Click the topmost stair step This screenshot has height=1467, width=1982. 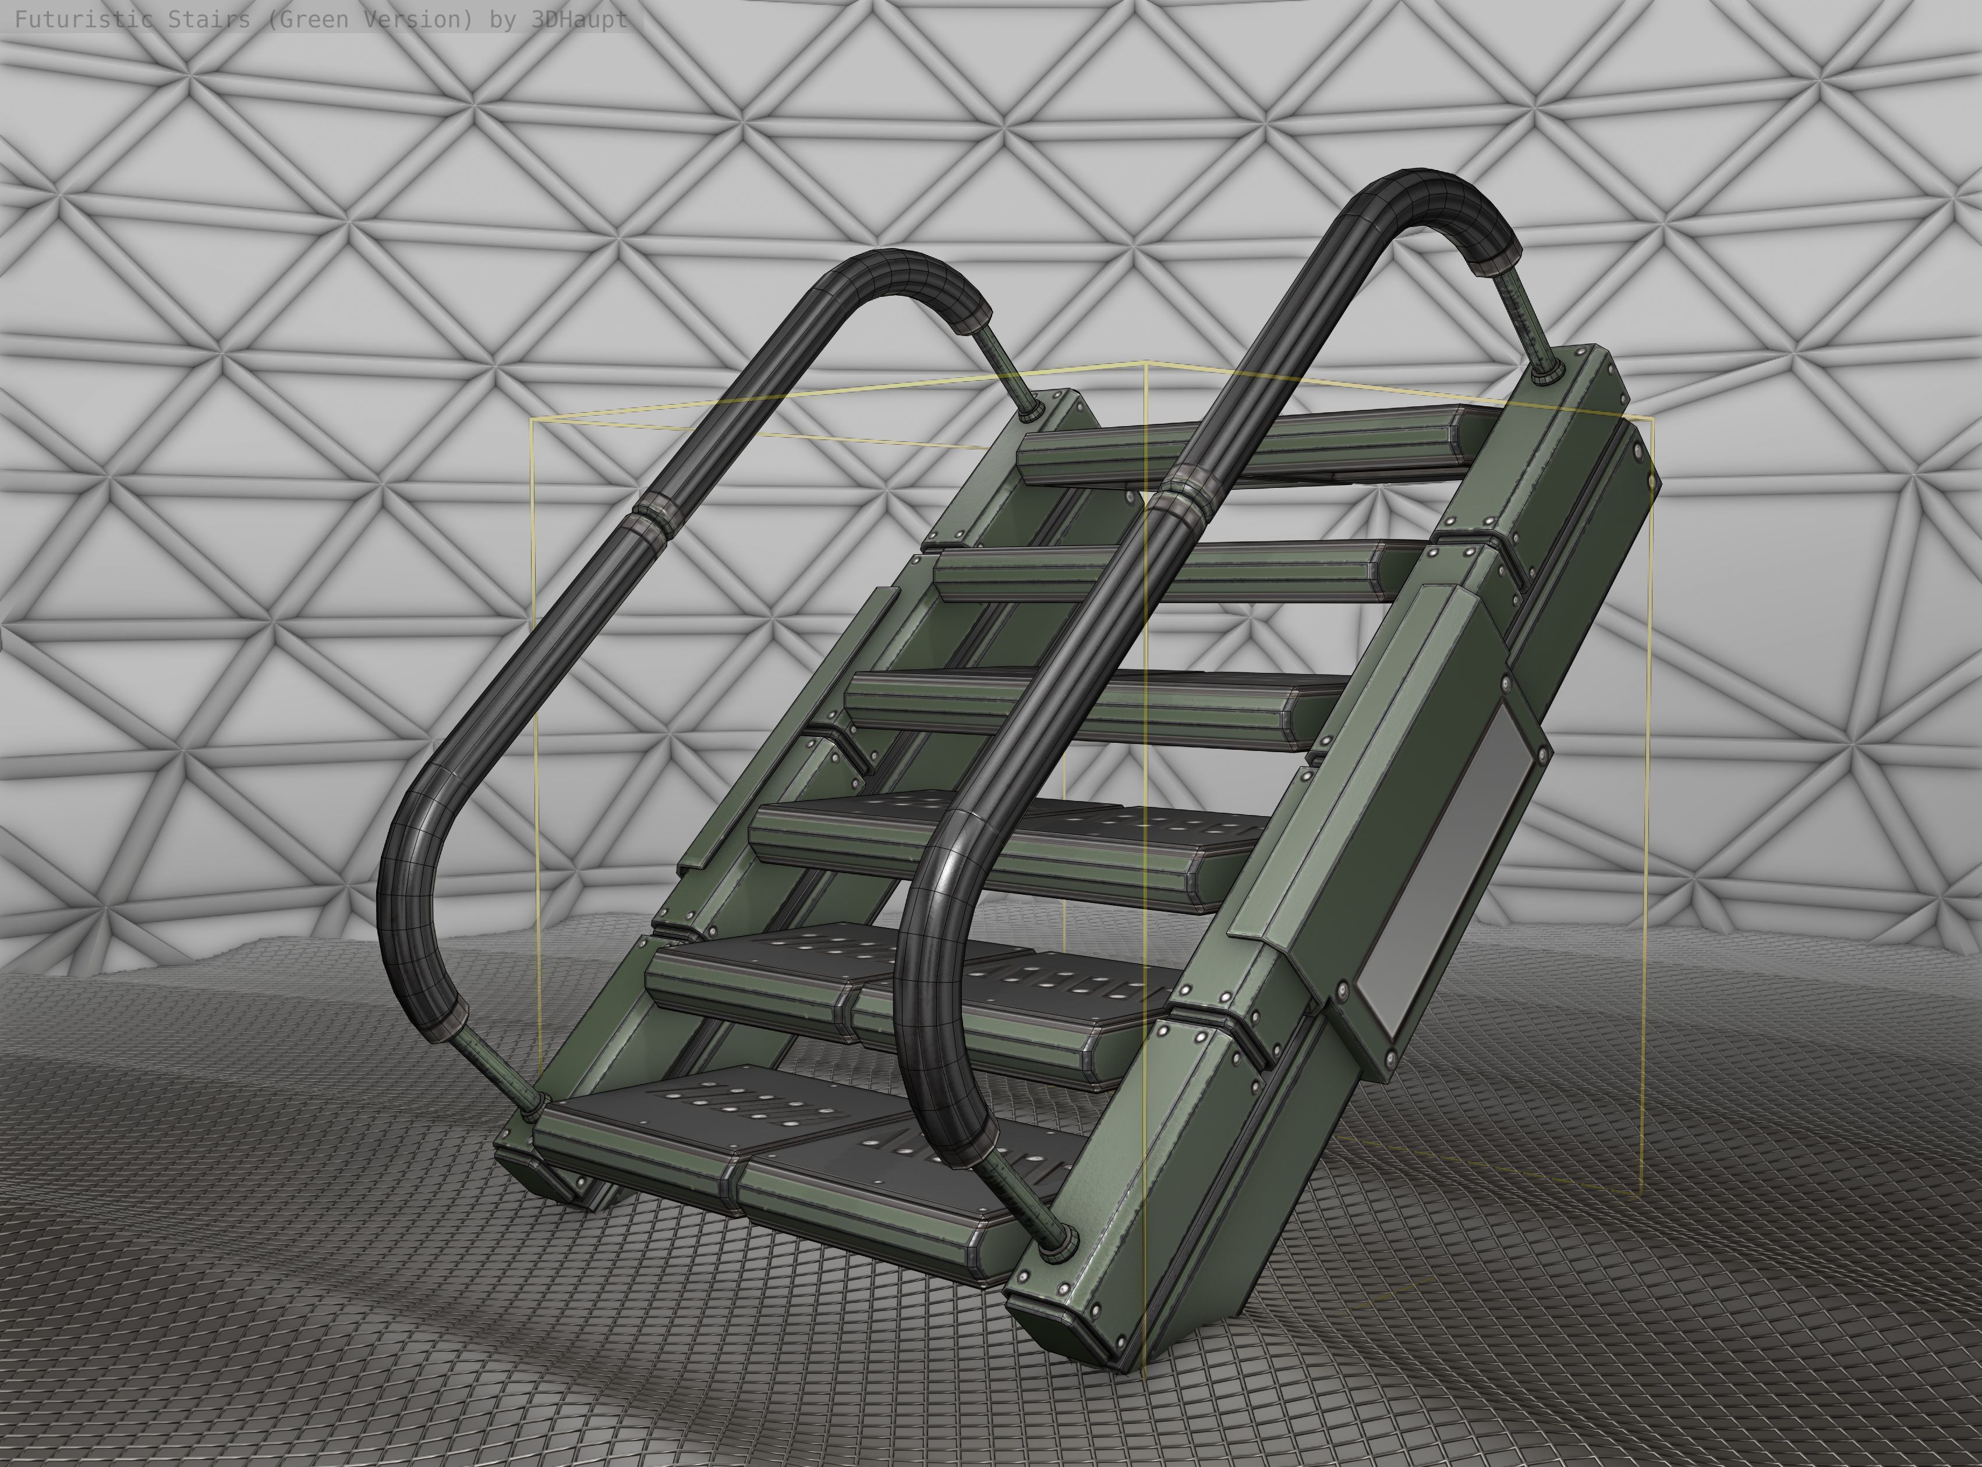click(x=1243, y=448)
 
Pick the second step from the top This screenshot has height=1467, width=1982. click(x=1155, y=573)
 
